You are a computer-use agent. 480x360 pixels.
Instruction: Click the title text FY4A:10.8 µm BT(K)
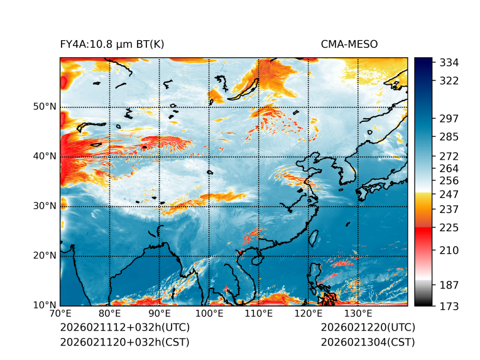point(112,44)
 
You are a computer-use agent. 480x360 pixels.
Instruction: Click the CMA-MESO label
point(349,44)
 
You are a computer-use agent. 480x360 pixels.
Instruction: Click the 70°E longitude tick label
point(60,314)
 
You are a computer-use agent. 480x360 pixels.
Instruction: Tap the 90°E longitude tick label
point(160,314)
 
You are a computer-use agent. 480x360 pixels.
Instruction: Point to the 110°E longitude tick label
point(259,314)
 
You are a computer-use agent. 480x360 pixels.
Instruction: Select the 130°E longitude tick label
point(358,314)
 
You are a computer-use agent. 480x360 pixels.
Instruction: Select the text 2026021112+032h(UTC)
point(124,328)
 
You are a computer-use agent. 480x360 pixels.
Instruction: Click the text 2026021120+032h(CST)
point(124,342)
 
